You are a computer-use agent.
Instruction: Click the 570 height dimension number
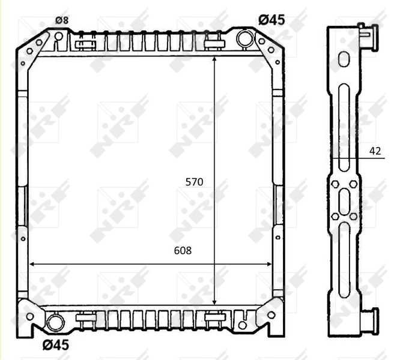pyautogui.click(x=195, y=181)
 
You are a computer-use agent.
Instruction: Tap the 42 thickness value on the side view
pyautogui.click(x=375, y=151)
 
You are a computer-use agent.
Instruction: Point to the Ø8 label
pyautogui.click(x=62, y=20)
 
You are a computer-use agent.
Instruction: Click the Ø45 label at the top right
pyautogui.click(x=271, y=20)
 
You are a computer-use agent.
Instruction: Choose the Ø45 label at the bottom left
pyautogui.click(x=55, y=344)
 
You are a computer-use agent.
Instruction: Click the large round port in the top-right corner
pyautogui.click(x=244, y=38)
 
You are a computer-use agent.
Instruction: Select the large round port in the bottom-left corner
pyautogui.click(x=55, y=323)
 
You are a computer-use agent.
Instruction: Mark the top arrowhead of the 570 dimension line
pyautogui.click(x=214, y=59)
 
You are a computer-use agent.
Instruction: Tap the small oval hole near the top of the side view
pyautogui.click(x=344, y=59)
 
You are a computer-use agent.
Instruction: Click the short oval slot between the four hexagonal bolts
pyautogui.click(x=344, y=200)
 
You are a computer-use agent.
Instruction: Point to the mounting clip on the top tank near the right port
pyautogui.click(x=211, y=43)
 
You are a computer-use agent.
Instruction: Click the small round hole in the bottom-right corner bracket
pyautogui.click(x=242, y=325)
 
